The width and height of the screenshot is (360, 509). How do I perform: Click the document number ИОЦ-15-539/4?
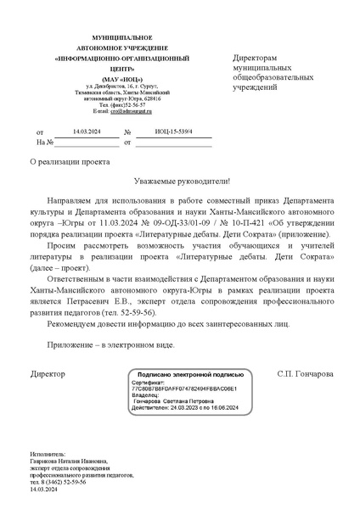(x=174, y=132)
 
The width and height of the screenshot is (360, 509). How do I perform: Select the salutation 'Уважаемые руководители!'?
(x=182, y=181)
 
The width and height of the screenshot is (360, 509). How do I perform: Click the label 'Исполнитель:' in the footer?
(x=48, y=454)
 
